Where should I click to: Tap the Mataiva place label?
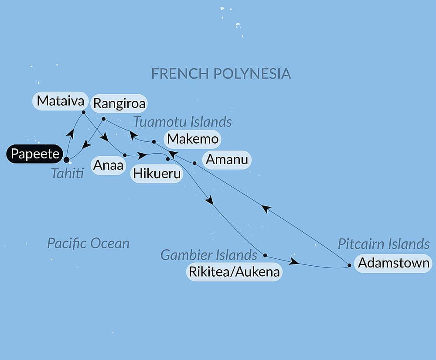[60, 101]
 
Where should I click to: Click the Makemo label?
[192, 140]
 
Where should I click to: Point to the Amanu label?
[227, 160]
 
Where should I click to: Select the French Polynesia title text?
[221, 73]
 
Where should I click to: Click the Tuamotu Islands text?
[183, 121]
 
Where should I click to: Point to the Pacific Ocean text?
[88, 243]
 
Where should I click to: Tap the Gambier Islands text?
[209, 254]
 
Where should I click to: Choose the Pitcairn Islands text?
[384, 244]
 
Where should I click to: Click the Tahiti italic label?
[68, 174]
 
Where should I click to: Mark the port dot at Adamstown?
[350, 265]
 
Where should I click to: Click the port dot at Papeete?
[66, 159]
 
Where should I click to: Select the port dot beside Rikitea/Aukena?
[265, 255]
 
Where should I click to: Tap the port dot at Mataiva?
[83, 112]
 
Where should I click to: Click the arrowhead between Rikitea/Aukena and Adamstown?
[294, 262]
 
